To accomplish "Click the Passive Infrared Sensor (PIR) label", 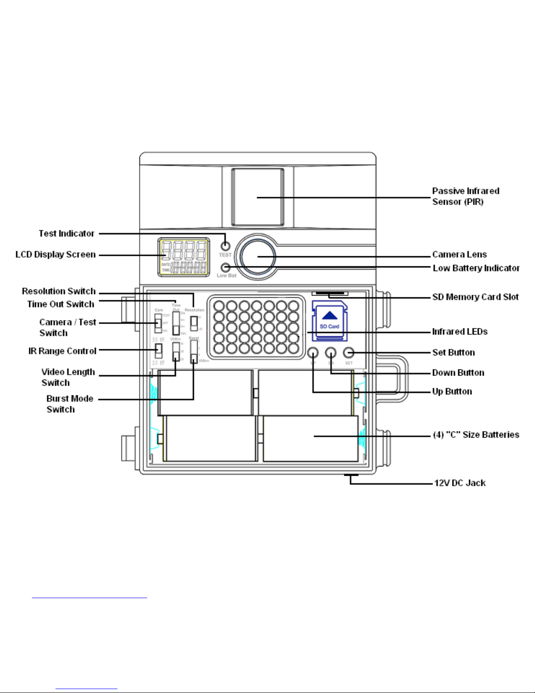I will (x=466, y=196).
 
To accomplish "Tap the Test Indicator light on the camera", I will (x=225, y=245).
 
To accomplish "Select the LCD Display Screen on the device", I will (x=183, y=258).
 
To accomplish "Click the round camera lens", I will (x=258, y=257).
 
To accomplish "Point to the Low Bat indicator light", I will (x=225, y=267).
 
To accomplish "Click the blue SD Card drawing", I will (x=330, y=321).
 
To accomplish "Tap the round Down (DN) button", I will (x=331, y=352).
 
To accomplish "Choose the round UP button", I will (x=313, y=352).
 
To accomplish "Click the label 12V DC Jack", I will (x=460, y=483).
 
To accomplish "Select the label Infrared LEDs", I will (x=460, y=332).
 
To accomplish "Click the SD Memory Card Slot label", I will (x=475, y=297).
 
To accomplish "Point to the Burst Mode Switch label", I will (x=69, y=404).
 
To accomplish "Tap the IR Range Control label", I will (x=62, y=351).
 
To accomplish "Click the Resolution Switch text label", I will (x=59, y=291).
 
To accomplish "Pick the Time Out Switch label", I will (x=61, y=304).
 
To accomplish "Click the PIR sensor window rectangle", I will (x=258, y=197).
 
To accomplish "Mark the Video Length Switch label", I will (x=68, y=377).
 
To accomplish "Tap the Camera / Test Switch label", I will (x=67, y=327).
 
